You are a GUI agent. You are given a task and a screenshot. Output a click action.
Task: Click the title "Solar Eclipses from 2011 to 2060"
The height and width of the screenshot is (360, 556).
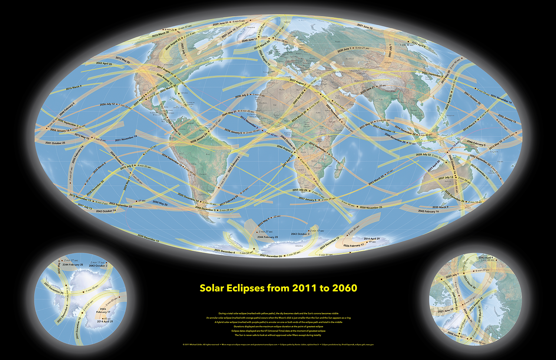coord(278,288)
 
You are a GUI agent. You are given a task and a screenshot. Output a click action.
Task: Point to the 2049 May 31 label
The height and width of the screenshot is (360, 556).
coord(229,113)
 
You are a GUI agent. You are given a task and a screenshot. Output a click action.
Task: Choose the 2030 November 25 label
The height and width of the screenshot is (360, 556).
coord(371,208)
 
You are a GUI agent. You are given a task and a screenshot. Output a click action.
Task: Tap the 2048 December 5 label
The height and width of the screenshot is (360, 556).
coord(205,209)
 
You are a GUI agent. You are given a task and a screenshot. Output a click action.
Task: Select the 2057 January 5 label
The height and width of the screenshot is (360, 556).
coord(308,199)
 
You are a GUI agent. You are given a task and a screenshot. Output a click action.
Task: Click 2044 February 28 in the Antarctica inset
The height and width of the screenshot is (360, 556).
coord(73,265)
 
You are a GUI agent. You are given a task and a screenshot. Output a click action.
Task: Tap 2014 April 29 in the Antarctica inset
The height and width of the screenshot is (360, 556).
coord(105,321)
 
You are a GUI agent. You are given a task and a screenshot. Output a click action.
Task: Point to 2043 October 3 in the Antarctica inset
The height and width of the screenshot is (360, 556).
coord(98,266)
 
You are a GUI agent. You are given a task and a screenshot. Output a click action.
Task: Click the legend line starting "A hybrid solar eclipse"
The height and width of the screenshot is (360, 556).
coord(278,322)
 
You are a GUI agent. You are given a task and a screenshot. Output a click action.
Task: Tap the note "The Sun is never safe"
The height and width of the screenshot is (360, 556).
coord(278,335)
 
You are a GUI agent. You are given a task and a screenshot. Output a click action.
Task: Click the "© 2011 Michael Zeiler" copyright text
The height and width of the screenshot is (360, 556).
coord(201,344)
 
